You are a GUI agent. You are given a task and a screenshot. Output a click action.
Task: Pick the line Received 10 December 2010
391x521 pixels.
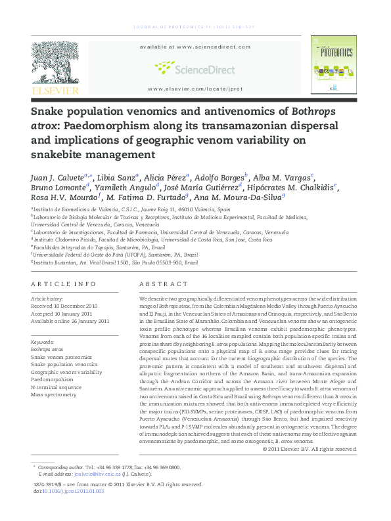click(64, 305)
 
